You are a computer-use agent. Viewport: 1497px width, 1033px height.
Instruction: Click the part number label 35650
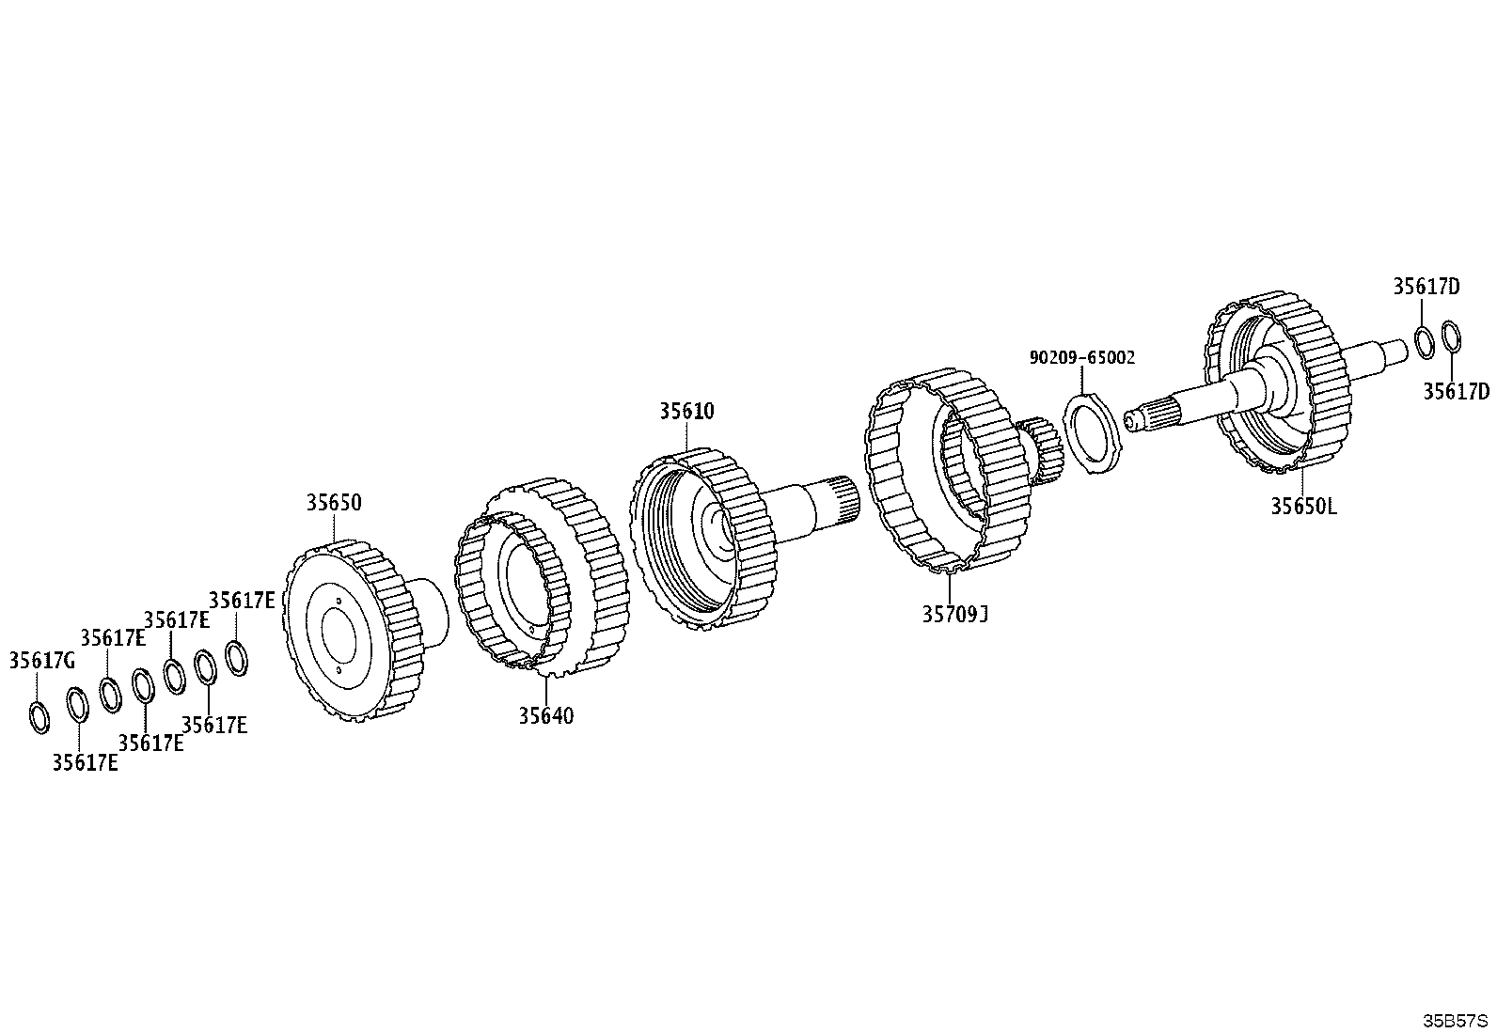(334, 503)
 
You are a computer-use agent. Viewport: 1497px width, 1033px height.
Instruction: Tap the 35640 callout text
(546, 715)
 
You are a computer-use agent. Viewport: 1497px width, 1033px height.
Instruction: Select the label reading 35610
(686, 411)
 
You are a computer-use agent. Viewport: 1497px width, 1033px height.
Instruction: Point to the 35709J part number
(955, 614)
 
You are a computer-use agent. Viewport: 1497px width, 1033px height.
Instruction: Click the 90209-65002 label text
(1082, 357)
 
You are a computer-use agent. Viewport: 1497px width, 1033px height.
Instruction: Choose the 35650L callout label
(1304, 507)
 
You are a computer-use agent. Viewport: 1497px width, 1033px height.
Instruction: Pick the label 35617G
(42, 661)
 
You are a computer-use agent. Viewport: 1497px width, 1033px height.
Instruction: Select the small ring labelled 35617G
(40, 717)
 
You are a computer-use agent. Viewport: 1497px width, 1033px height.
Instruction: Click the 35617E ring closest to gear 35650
(237, 657)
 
